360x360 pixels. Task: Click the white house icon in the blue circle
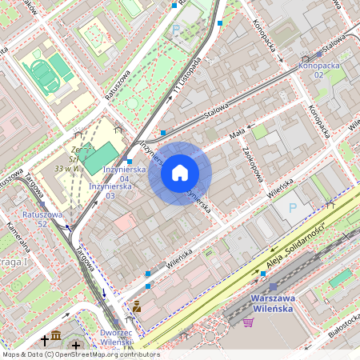click(x=180, y=173)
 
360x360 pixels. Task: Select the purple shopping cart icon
click(x=248, y=322)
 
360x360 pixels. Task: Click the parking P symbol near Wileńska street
click(x=292, y=207)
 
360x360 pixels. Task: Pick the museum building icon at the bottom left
click(x=56, y=336)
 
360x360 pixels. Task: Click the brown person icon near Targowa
click(x=137, y=306)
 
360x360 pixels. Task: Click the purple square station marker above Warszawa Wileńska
click(x=273, y=286)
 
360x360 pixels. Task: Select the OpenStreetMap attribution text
click(x=80, y=354)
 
